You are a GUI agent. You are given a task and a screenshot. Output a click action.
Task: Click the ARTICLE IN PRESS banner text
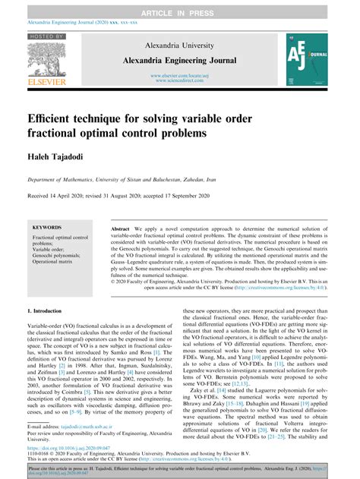point(180,5)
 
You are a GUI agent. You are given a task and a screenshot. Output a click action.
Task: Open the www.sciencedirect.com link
point(180,80)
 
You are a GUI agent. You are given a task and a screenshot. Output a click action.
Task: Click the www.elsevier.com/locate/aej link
point(180,75)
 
